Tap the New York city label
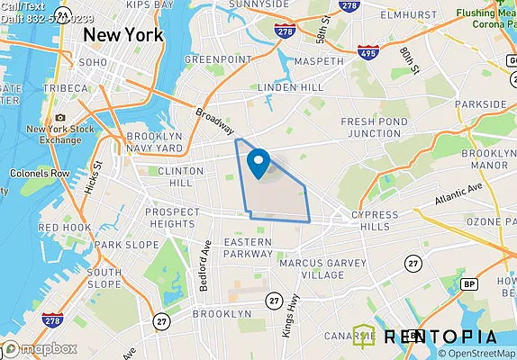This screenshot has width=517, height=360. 122,34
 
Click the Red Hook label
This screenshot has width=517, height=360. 64,228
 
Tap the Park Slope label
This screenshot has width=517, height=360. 120,244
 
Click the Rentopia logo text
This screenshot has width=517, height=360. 440,337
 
